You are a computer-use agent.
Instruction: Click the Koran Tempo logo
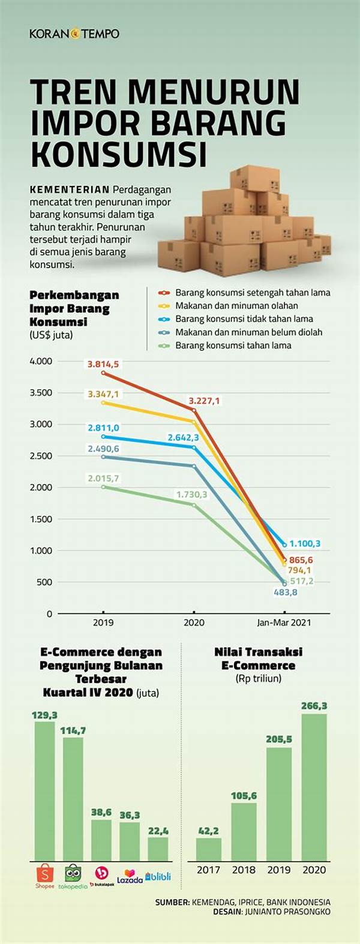pyautogui.click(x=74, y=34)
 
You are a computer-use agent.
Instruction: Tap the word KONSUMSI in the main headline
pyautogui.click(x=118, y=153)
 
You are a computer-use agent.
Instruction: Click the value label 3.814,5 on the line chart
pyautogui.click(x=103, y=364)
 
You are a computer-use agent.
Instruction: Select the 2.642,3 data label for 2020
pyautogui.click(x=187, y=438)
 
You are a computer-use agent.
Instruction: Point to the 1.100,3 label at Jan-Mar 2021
pyautogui.click(x=305, y=544)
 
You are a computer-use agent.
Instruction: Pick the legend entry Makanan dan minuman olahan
pyautogui.click(x=236, y=306)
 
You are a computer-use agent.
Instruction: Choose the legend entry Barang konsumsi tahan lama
pyautogui.click(x=233, y=345)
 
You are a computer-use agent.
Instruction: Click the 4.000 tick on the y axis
pyautogui.click(x=41, y=361)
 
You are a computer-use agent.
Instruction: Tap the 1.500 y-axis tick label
pyautogui.click(x=41, y=519)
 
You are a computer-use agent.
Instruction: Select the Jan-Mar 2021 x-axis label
pyautogui.click(x=284, y=623)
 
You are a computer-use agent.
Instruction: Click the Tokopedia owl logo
pyautogui.click(x=73, y=873)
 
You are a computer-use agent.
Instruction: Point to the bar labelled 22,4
pyautogui.click(x=158, y=849)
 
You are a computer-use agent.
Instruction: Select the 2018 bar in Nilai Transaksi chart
pyautogui.click(x=244, y=832)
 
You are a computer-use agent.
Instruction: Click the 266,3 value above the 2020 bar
pyautogui.click(x=314, y=706)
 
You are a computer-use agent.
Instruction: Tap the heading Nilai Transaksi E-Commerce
pyautogui.click(x=258, y=659)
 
